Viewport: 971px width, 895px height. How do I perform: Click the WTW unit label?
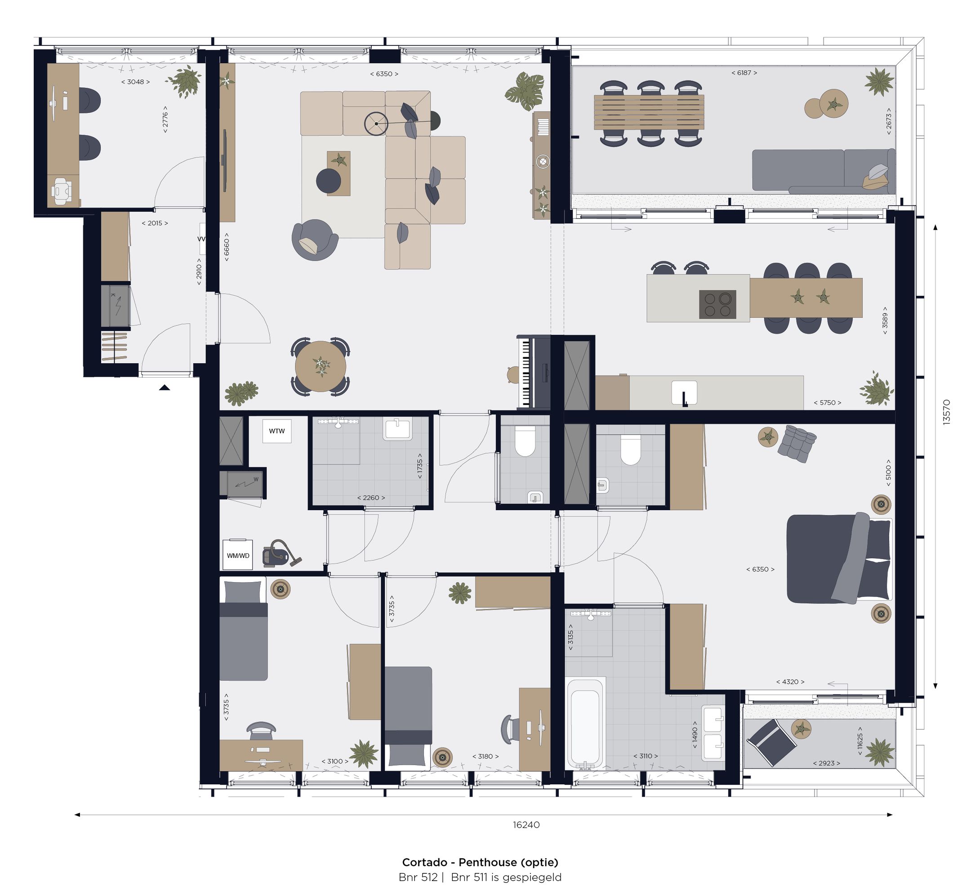276,431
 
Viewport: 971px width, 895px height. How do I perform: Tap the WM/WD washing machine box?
237,555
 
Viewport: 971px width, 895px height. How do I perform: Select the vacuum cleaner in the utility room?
280,553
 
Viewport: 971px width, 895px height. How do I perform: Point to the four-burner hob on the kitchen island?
717,304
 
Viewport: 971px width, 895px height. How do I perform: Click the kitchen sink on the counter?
684,393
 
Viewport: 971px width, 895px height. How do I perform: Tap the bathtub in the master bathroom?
585,725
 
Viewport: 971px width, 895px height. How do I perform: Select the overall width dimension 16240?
526,824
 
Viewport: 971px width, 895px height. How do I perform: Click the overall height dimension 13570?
946,412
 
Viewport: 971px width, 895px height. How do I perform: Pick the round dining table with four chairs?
320,366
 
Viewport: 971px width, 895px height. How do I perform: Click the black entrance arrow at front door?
164,387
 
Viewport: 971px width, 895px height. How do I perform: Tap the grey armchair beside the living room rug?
314,240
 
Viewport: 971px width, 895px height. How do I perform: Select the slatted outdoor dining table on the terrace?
649,112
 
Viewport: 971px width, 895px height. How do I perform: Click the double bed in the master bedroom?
838,559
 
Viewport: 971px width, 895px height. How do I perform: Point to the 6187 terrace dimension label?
744,73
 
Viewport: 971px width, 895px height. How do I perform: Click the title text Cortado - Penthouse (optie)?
480,862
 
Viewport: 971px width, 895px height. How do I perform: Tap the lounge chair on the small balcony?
771,741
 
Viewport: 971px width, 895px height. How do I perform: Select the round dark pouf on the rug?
328,181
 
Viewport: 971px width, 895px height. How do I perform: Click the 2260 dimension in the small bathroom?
371,497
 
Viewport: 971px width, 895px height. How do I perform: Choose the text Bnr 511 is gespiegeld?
506,877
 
